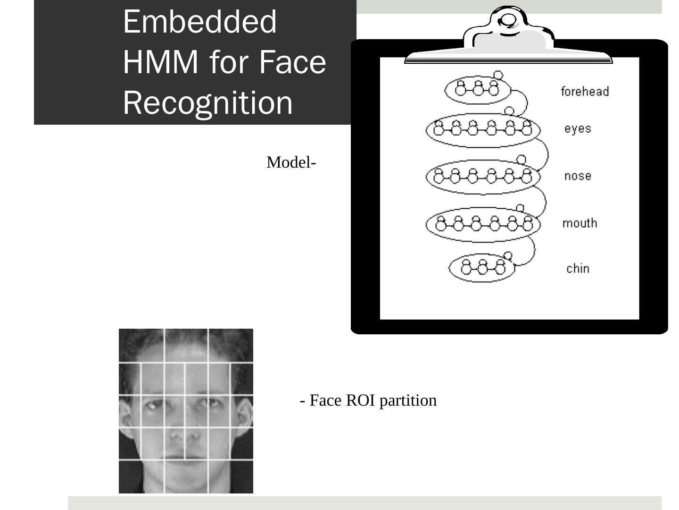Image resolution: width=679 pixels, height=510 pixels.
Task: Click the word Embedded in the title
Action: [x=199, y=22]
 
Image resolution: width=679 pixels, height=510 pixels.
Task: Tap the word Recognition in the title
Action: [x=207, y=102]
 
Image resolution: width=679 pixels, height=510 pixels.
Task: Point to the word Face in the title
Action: [x=292, y=62]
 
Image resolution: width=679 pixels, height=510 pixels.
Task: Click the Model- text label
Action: [x=291, y=162]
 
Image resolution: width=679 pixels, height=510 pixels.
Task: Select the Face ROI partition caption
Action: [x=368, y=400]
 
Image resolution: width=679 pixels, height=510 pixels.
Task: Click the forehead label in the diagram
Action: [x=585, y=91]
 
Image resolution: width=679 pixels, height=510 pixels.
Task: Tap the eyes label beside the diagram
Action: [x=578, y=128]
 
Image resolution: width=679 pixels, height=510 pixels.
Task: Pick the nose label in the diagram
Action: [x=578, y=176]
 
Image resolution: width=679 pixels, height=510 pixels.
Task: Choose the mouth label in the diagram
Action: [x=580, y=223]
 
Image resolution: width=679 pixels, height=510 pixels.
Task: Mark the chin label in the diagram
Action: [x=578, y=268]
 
